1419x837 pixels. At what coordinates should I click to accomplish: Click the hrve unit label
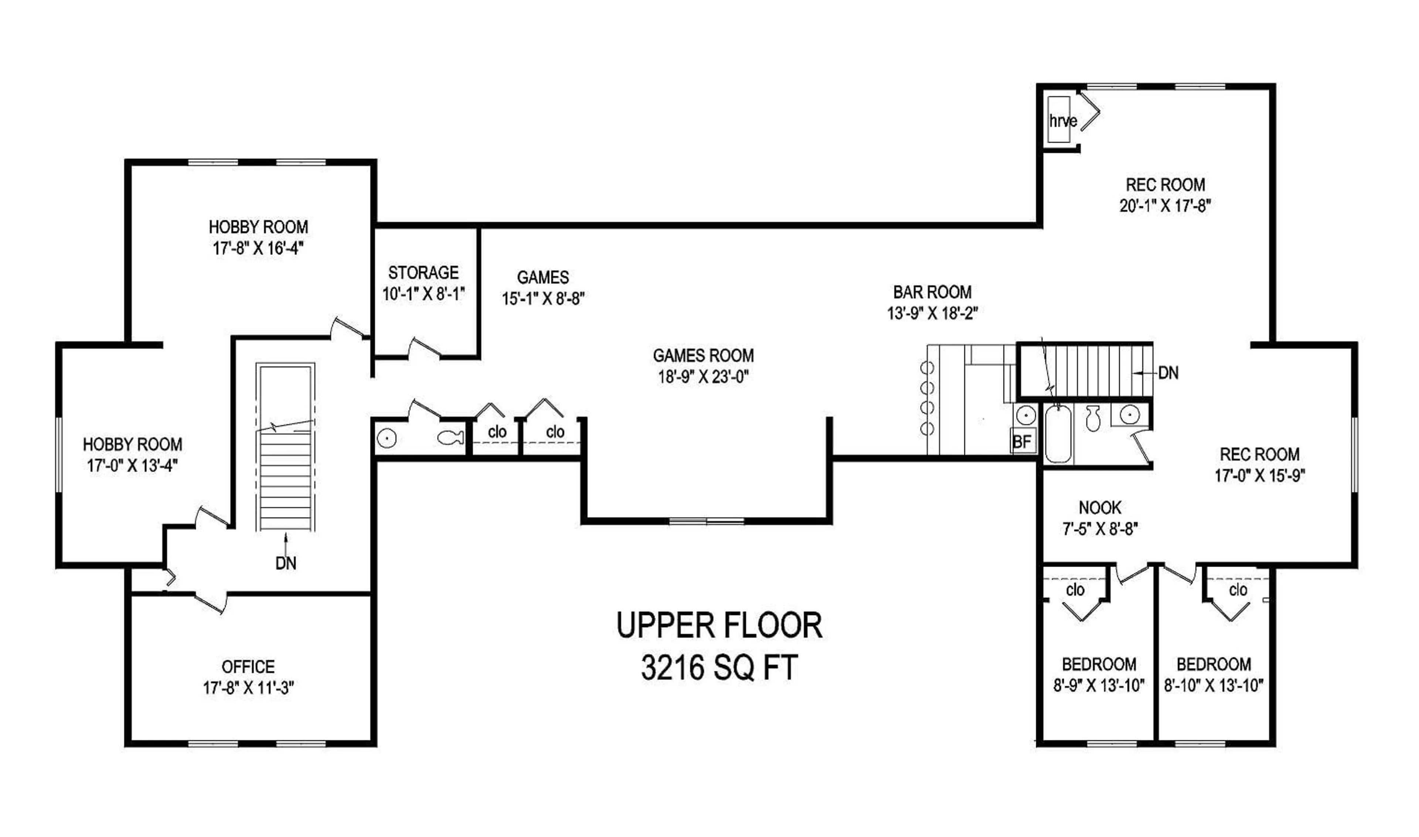click(1063, 121)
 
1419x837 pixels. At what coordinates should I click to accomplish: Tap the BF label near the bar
click(1022, 442)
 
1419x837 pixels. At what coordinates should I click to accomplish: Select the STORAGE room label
click(423, 273)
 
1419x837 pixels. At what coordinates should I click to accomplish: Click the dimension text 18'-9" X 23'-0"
click(703, 377)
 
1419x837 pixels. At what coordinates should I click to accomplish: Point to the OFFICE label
click(248, 667)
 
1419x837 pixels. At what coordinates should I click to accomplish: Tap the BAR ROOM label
click(932, 292)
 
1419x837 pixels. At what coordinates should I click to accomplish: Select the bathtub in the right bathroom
click(1058, 434)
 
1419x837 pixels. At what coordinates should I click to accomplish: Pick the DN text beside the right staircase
click(1168, 373)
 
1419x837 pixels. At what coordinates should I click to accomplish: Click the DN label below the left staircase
click(286, 563)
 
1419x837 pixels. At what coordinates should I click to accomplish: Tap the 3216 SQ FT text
click(719, 668)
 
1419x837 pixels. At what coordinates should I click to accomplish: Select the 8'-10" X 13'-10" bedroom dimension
click(1214, 686)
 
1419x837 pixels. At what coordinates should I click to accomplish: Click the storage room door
click(424, 348)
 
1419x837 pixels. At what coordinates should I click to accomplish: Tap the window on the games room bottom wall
click(707, 521)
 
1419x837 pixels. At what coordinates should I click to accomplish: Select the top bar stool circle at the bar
click(927, 368)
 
